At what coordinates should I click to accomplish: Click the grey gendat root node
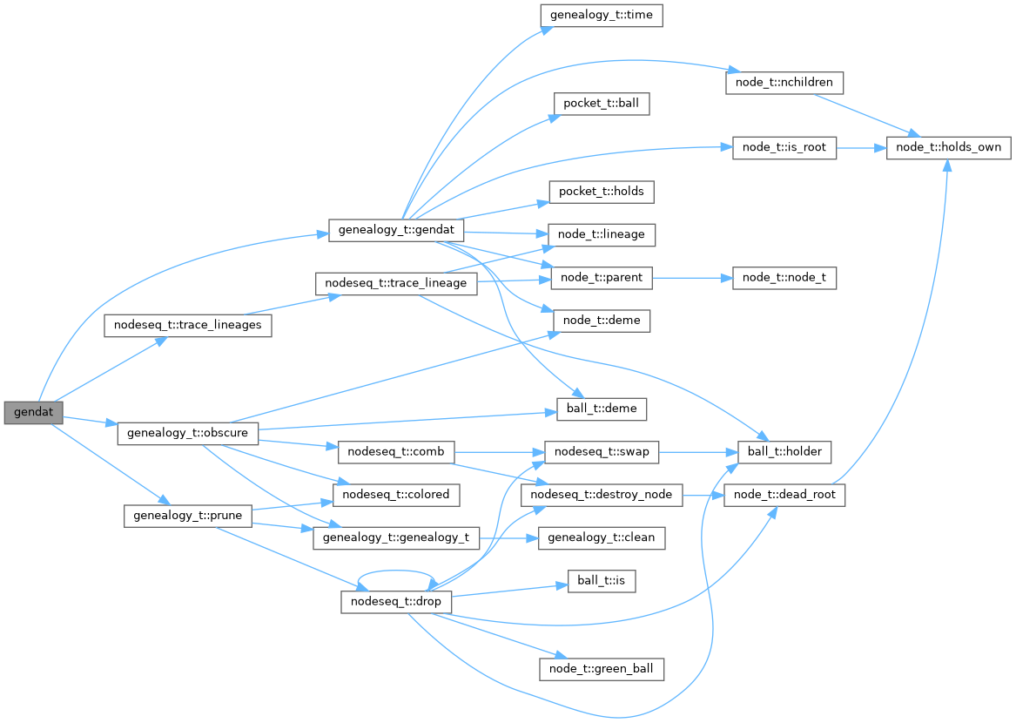coord(33,412)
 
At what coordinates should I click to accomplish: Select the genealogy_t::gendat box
coord(396,231)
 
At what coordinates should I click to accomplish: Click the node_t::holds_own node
coord(948,147)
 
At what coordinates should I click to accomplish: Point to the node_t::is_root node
coord(784,147)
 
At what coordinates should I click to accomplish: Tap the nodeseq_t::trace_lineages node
coord(188,326)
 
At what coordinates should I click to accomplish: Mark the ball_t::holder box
coord(784,451)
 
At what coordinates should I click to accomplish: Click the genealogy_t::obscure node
coord(188,433)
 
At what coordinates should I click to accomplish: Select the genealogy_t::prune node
coord(188,516)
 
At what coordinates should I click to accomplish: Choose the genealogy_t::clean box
coord(602,537)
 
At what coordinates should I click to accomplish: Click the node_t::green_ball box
coord(602,669)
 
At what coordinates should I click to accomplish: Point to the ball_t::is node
coord(602,581)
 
